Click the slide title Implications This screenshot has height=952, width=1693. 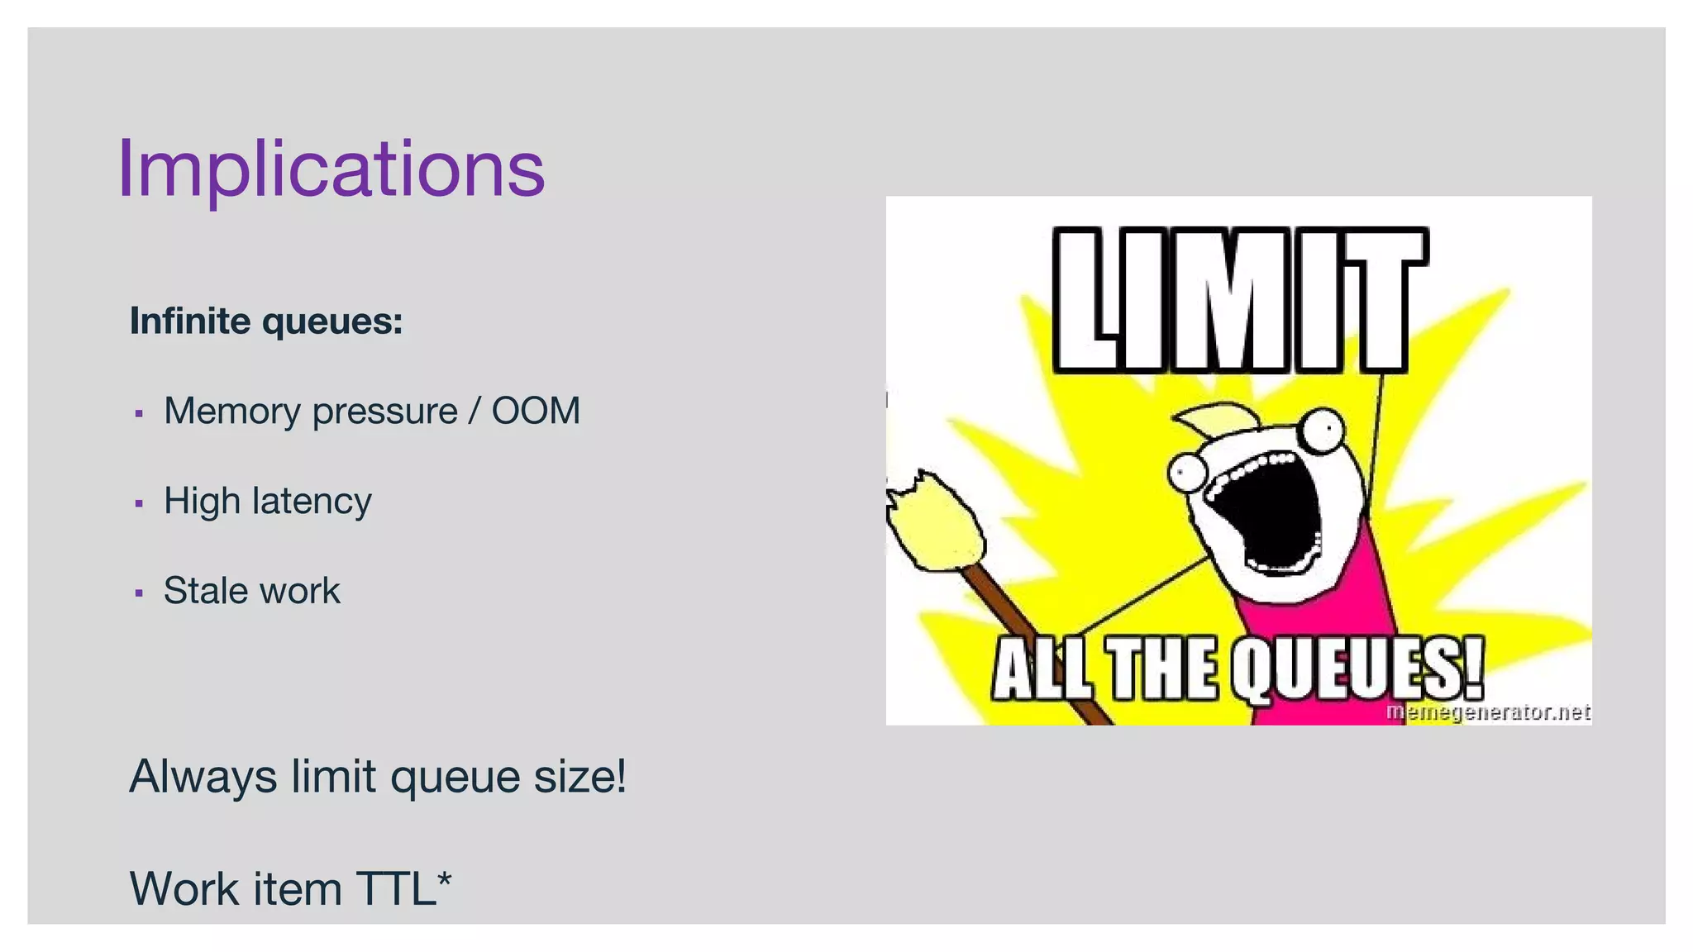click(x=331, y=169)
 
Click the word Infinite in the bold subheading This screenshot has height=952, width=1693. click(x=190, y=321)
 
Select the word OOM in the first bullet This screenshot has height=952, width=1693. click(x=536, y=411)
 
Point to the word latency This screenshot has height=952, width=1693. click(x=312, y=501)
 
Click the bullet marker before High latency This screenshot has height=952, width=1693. click(x=139, y=502)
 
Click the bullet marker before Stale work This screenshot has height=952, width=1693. click(x=139, y=593)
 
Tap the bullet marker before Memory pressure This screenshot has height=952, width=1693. click(x=139, y=412)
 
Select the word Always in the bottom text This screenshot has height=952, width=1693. click(x=203, y=777)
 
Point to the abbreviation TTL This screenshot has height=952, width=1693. click(x=396, y=889)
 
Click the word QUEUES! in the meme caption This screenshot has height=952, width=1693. click(x=1357, y=668)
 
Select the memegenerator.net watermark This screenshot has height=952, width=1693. click(x=1487, y=712)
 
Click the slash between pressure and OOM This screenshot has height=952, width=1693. click(x=474, y=411)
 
